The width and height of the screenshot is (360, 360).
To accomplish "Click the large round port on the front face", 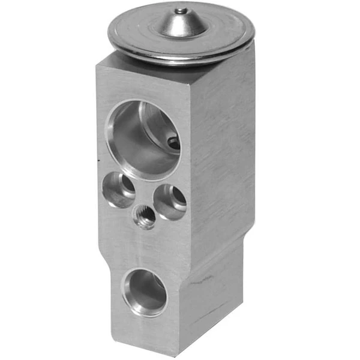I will (143, 139).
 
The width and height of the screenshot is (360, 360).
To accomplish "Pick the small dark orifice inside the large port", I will (173, 143).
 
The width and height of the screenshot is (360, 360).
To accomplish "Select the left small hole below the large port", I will (120, 189).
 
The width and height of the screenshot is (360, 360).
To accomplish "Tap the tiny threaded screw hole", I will (144, 217).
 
